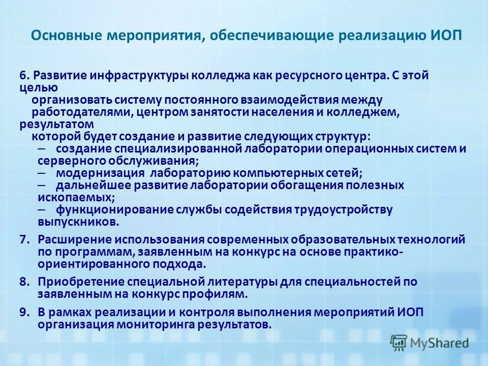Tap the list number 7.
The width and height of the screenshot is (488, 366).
click(x=25, y=239)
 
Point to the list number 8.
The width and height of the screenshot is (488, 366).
click(x=25, y=282)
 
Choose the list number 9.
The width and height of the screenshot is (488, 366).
click(x=25, y=312)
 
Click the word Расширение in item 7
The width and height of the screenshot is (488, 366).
click(x=74, y=239)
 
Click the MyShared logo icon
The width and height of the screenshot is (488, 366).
click(x=398, y=343)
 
